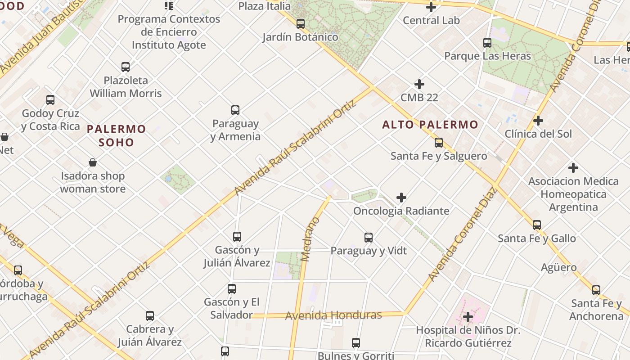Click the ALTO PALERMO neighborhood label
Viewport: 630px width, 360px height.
coord(430,125)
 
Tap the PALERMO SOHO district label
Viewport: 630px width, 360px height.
coord(117,135)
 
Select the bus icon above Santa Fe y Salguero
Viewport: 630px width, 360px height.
coord(439,143)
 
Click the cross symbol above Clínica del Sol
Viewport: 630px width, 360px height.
coord(538,121)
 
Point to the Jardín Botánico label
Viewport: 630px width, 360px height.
coord(300,37)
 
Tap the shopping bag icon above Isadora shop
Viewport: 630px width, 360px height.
coord(93,162)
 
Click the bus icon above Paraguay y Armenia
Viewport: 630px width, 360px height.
coord(235,110)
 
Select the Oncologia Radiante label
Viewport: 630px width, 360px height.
coord(401,211)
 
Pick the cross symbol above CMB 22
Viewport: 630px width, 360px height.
coord(419,84)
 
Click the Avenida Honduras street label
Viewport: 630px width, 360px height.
coord(333,315)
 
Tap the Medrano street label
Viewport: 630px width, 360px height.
coord(310,239)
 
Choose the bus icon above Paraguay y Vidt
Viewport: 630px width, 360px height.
coord(369,238)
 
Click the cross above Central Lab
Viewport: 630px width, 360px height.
coord(431,7)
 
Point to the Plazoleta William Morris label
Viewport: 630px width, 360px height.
coord(126,87)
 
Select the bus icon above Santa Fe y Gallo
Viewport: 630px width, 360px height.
coord(536,225)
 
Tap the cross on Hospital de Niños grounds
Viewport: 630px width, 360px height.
coord(468,317)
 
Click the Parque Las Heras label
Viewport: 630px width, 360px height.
coord(487,56)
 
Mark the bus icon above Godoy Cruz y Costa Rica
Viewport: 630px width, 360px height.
coord(50,100)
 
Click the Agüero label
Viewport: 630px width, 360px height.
coord(558,267)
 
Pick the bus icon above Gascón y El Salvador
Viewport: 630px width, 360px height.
coord(232,289)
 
